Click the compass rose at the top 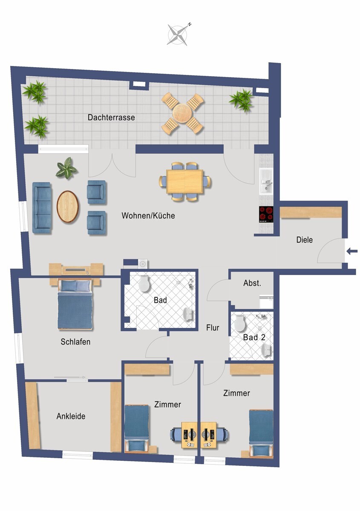tap(178, 34)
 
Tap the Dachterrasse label tap(111, 118)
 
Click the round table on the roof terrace tap(182, 113)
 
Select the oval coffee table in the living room tap(68, 206)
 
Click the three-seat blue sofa tap(42, 208)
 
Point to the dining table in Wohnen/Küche tap(184, 181)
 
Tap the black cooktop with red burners tap(266, 214)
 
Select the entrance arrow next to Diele tap(352, 251)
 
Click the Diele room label tap(304, 240)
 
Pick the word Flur tap(213, 328)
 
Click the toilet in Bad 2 tap(240, 323)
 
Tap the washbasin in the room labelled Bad tap(188, 315)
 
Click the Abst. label tap(252, 283)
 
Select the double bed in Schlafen tap(75, 304)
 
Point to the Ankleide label tap(71, 416)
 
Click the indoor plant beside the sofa tap(66, 168)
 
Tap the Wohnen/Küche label tap(148, 215)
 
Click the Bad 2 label tap(254, 337)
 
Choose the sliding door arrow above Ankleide tap(69, 377)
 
